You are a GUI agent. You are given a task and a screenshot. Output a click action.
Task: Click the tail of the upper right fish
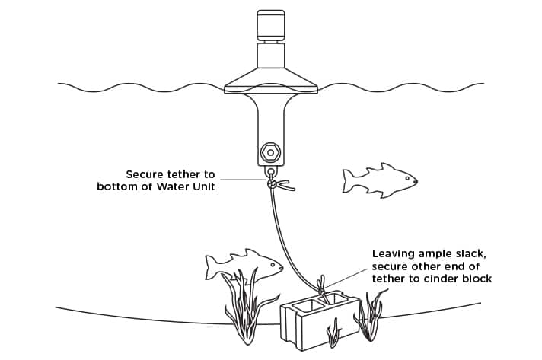349,181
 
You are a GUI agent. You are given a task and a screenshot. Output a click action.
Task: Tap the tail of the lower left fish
214,267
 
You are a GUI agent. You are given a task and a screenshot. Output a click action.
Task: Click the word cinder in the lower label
438,279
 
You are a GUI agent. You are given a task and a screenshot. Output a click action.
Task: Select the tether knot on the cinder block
323,289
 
